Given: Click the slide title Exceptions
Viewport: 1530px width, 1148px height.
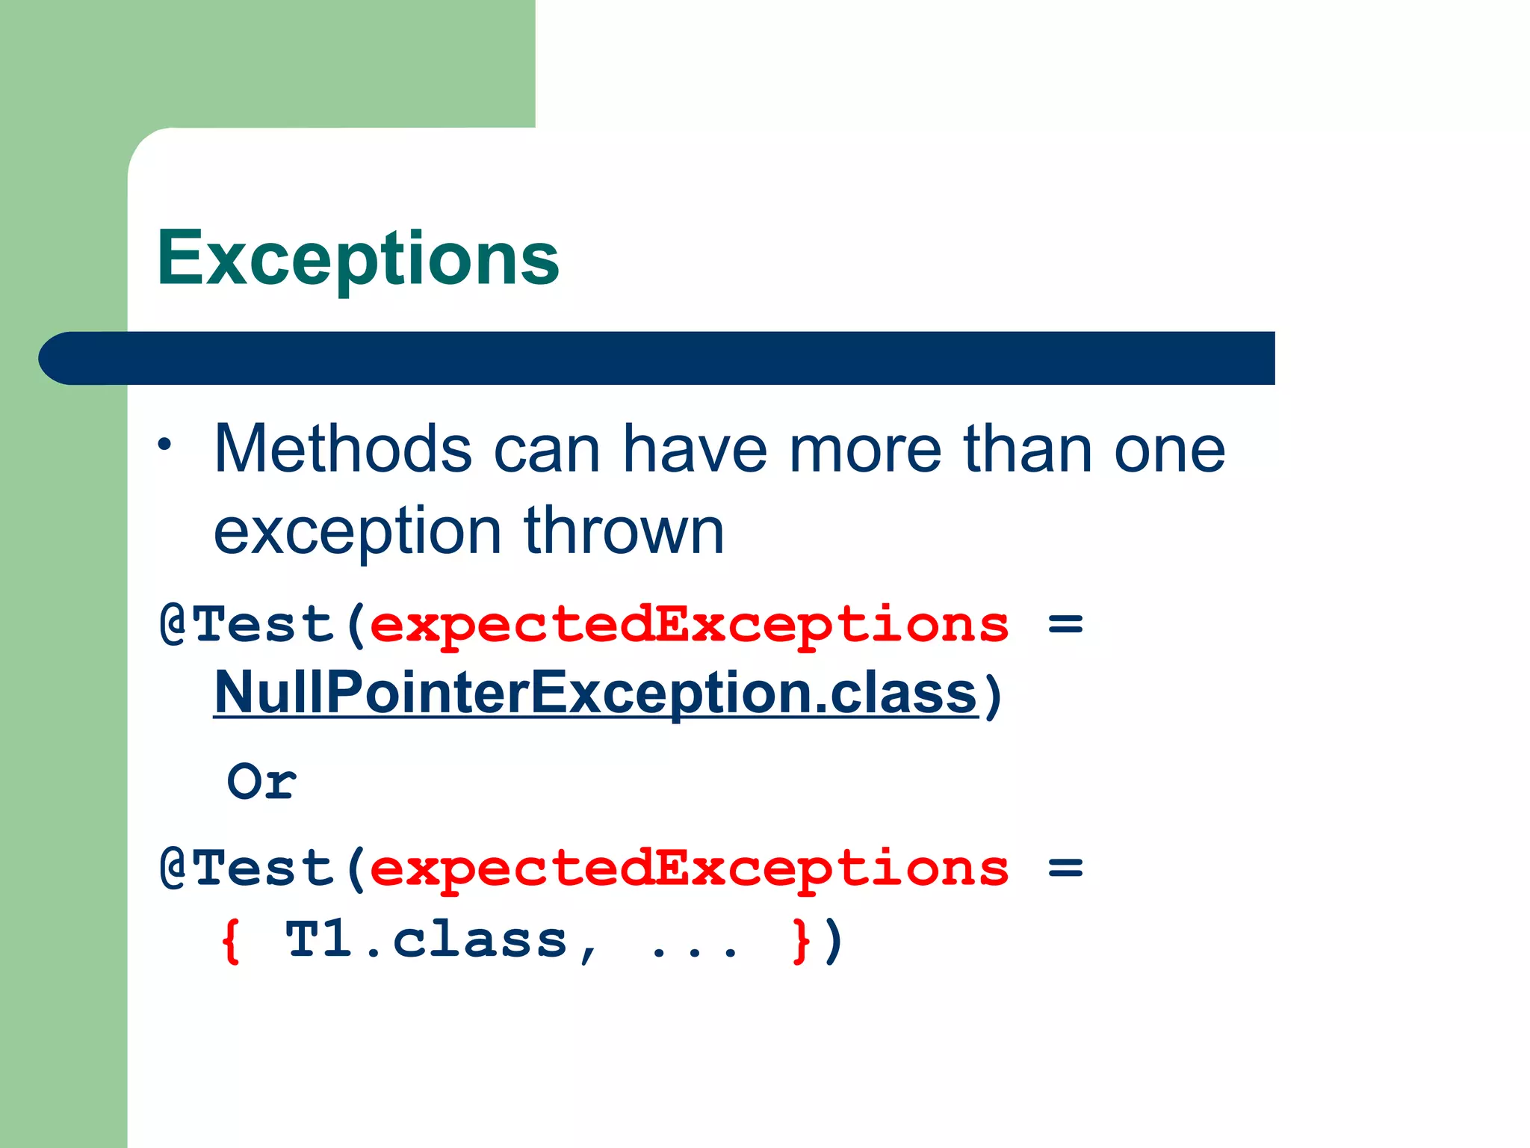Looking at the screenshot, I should [358, 258].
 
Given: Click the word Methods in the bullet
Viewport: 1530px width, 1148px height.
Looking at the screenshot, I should [343, 449].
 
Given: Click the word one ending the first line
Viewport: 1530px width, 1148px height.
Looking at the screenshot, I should [1169, 451].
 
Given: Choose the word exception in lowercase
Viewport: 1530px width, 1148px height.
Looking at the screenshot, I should [357, 532].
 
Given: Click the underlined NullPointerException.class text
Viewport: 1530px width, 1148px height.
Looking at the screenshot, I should [595, 693].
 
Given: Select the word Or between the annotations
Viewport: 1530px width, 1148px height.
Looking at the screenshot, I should [261, 783].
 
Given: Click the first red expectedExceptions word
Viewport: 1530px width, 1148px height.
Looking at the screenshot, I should [689, 626].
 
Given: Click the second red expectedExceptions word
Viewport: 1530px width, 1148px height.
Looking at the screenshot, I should [689, 869].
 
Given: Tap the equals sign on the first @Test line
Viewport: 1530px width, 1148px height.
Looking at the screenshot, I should [1065, 624].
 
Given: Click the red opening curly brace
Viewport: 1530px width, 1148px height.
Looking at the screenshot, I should [231, 941].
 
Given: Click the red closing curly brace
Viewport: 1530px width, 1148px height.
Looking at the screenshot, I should [801, 941].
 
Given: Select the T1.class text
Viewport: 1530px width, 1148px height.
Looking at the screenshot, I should [427, 940].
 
